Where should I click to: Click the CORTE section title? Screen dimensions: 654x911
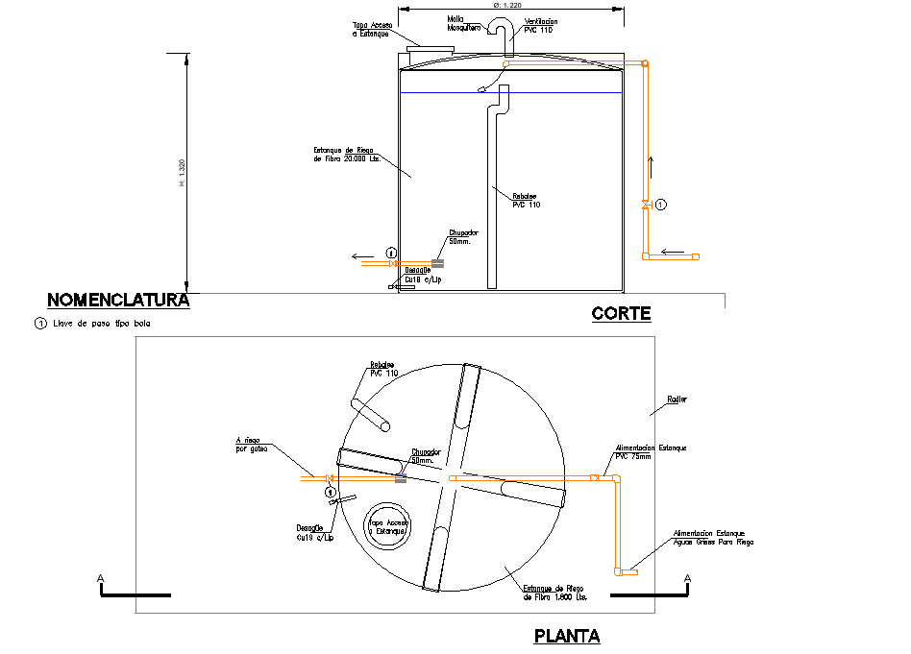click(621, 313)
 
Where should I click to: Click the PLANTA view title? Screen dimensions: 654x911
click(567, 636)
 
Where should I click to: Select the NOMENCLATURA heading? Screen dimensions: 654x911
click(118, 300)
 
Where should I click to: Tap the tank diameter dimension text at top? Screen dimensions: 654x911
click(506, 5)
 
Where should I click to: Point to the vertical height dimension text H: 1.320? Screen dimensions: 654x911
click(182, 172)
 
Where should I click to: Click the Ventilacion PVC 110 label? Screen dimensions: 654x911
click(540, 25)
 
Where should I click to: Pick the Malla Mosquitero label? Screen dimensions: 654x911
click(463, 23)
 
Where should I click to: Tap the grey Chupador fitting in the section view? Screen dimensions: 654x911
click(437, 262)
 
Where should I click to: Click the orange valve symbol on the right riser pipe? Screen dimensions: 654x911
click(646, 205)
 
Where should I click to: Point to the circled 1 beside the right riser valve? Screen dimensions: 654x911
click(660, 205)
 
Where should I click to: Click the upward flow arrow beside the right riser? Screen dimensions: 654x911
click(650, 166)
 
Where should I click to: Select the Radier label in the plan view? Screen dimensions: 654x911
click(677, 399)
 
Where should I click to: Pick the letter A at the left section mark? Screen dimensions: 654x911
click(100, 578)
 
